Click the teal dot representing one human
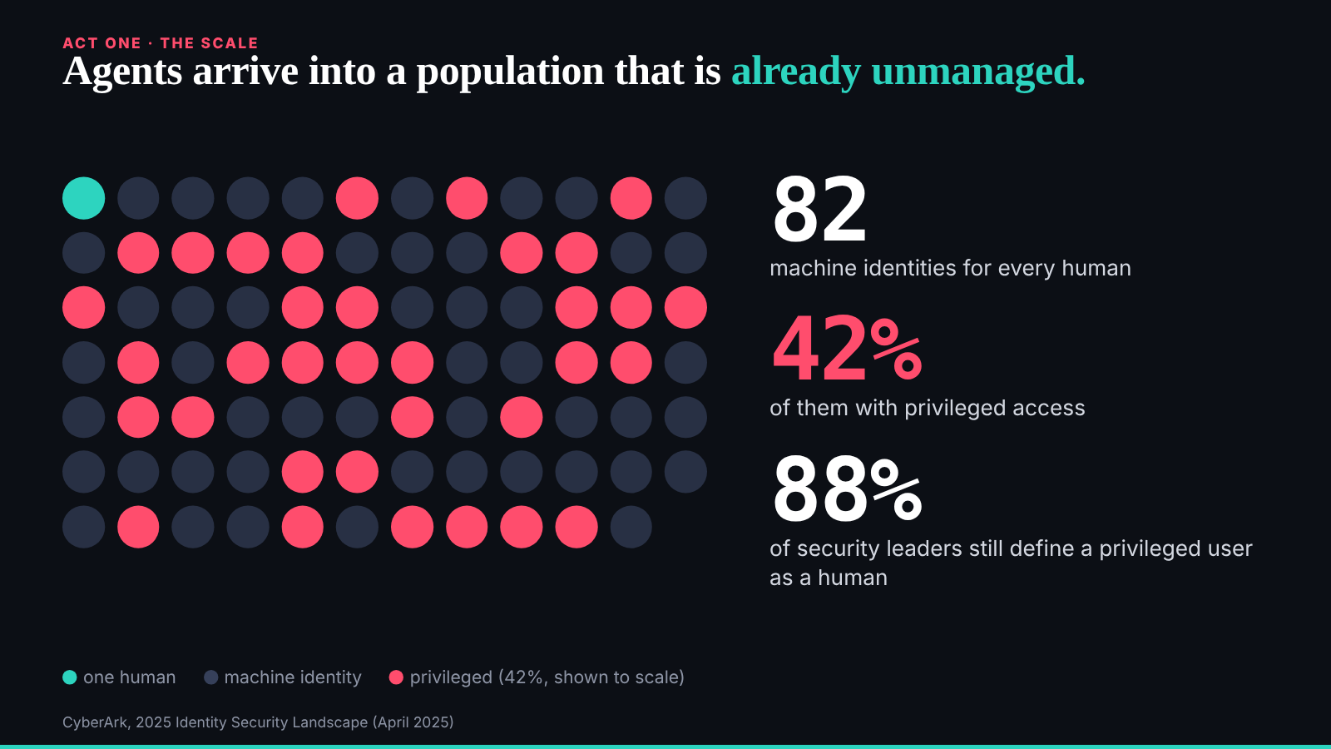coord(84,198)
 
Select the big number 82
coord(820,209)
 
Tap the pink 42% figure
coord(848,350)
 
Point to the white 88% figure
coord(848,490)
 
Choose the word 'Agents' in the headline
coord(122,72)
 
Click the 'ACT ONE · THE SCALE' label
coord(161,42)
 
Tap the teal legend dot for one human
coord(70,677)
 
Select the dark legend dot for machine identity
coord(211,677)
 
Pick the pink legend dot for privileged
coord(396,677)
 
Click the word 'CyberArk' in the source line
coord(95,722)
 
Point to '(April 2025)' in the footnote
coord(413,722)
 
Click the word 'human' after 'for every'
coord(1096,268)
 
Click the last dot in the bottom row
coord(631,527)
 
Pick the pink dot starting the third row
coord(84,307)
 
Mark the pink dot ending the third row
coord(685,307)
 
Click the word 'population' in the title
coord(510,72)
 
